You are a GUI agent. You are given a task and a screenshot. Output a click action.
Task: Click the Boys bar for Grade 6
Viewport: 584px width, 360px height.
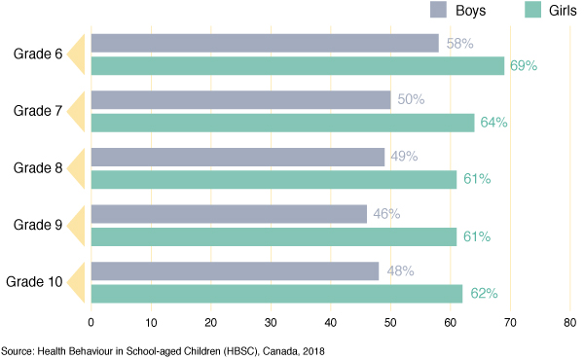coord(265,43)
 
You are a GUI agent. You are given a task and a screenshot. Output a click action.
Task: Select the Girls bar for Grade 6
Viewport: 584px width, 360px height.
coord(298,66)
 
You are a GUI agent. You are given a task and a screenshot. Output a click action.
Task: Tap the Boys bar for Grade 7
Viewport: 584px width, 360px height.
coord(240,99)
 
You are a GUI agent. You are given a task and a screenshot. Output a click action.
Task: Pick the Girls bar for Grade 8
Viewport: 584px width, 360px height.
coord(274,179)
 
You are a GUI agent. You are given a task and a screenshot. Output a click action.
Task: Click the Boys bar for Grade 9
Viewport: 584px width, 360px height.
coord(229,214)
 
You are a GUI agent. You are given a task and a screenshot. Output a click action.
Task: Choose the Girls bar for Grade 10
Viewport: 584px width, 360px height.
coord(276,292)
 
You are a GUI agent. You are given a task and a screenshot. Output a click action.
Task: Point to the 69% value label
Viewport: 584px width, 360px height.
coord(524,66)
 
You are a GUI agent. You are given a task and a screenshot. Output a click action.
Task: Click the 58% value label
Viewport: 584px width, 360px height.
coord(460,44)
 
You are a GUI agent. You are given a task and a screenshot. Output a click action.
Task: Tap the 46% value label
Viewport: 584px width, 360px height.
coord(388,214)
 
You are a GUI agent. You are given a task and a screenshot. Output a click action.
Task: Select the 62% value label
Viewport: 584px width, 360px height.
coord(484,292)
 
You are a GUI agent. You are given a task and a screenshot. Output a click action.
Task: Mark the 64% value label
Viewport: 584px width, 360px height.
coord(493,123)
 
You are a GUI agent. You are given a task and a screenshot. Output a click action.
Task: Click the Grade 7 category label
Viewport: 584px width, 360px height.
coord(38,111)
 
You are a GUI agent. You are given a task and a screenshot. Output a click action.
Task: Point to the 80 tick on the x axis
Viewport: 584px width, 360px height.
coord(570,322)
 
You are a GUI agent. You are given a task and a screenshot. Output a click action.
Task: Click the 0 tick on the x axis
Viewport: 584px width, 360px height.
coord(91,322)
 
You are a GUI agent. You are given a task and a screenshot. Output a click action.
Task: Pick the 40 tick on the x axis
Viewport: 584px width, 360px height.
coord(331,322)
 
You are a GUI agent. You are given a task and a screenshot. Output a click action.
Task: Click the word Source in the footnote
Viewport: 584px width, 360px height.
coord(18,348)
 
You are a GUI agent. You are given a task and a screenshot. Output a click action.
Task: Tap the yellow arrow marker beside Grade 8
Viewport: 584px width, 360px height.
coord(81,167)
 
